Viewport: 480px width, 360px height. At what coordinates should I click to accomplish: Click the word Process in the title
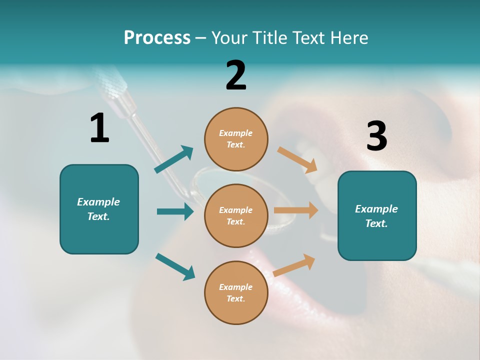[x=157, y=38]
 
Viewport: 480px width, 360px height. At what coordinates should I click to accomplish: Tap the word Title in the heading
[x=269, y=38]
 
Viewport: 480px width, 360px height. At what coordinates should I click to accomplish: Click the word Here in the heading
[x=347, y=38]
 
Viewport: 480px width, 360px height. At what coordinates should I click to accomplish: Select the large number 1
[x=99, y=128]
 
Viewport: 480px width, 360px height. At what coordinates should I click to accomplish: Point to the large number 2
[x=236, y=75]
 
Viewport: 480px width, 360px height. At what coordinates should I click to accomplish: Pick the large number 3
[x=376, y=136]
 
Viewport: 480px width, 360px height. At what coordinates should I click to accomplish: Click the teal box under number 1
[x=99, y=209]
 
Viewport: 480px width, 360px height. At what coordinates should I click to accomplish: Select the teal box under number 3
[x=377, y=215]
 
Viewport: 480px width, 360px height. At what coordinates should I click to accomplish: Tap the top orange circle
[x=236, y=139]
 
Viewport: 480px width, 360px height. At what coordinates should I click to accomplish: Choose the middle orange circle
[x=236, y=215]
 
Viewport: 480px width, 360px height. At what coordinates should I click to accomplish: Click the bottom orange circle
[x=236, y=292]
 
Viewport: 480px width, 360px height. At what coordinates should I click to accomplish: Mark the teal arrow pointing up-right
[x=174, y=159]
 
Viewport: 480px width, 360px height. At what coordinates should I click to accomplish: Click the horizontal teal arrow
[x=175, y=211]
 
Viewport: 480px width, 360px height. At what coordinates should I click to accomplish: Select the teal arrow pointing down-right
[x=175, y=266]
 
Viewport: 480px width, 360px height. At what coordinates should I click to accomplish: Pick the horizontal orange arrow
[x=296, y=210]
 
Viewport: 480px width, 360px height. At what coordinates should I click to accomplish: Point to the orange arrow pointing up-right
[x=294, y=265]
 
